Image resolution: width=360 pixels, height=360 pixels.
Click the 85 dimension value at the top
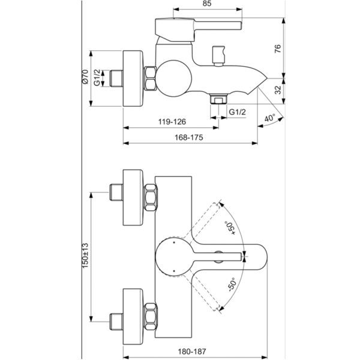(x=207, y=4)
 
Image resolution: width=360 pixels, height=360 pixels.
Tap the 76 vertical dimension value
(x=278, y=49)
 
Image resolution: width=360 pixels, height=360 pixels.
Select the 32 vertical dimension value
(x=278, y=90)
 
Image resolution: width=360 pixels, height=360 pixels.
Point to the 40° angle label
(x=269, y=118)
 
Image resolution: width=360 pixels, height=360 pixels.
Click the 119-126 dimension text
(x=172, y=122)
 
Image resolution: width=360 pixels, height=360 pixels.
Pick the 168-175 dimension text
(x=189, y=137)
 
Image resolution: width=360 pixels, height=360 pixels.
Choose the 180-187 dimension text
(x=192, y=351)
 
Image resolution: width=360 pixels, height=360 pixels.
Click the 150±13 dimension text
(x=85, y=256)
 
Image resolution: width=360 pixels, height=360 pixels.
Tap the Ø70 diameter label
(x=85, y=77)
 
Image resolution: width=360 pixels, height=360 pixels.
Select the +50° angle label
(x=230, y=228)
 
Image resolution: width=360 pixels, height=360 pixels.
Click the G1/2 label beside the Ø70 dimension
(x=97, y=77)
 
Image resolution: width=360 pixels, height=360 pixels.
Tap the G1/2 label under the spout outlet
(x=238, y=112)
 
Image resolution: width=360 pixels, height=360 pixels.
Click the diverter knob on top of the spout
(x=218, y=56)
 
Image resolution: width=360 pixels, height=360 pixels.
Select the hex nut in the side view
(x=150, y=78)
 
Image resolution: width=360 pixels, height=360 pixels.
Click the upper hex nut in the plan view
(x=151, y=197)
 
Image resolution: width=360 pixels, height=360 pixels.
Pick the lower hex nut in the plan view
(x=151, y=316)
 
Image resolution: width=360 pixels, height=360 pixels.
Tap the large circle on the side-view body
(x=173, y=78)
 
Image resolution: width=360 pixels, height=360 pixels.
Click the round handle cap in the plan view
(x=173, y=256)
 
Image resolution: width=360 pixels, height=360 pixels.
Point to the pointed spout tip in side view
(x=267, y=78)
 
